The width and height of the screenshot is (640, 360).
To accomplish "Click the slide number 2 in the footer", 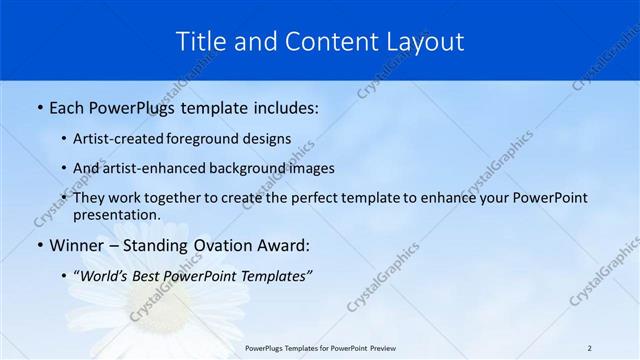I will pos(589,347).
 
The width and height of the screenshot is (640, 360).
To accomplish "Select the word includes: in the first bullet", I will pos(281,106).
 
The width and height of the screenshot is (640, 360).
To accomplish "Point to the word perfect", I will pos(291,198).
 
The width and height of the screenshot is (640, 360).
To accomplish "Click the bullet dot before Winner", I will pos(38,246).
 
